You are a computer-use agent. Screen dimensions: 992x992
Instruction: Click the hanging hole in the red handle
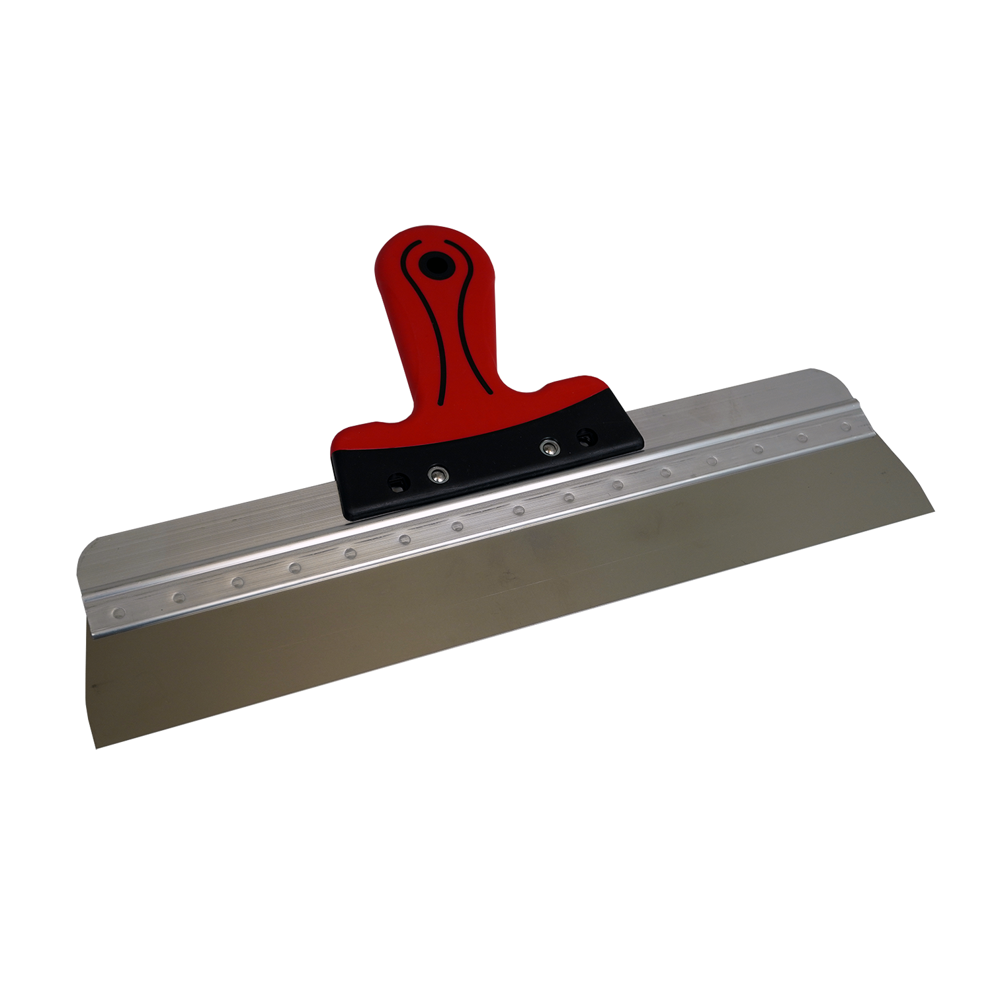[435, 264]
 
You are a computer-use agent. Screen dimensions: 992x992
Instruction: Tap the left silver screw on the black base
[436, 474]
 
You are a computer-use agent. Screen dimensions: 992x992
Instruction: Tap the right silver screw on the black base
[547, 448]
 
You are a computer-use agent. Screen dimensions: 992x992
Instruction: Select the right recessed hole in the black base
[585, 436]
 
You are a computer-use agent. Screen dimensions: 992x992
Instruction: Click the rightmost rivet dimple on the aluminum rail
[845, 427]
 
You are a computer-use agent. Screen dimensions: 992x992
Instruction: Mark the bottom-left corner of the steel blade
[97, 747]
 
